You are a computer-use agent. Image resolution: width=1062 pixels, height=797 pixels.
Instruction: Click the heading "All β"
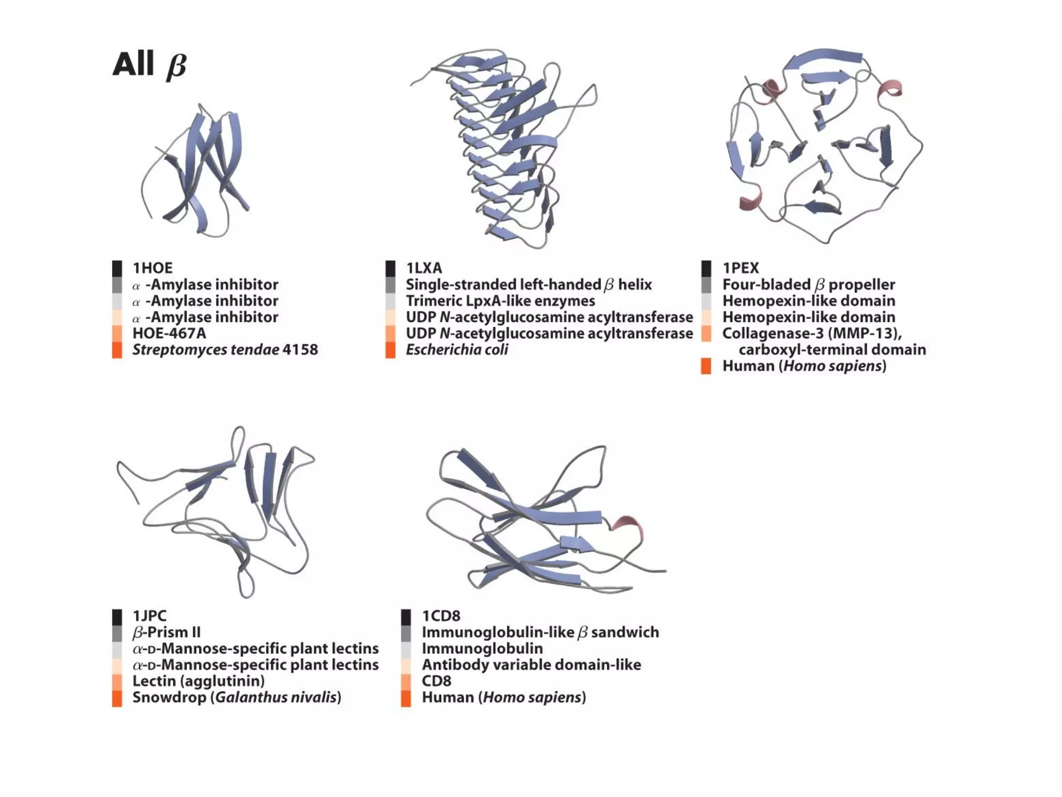click(x=149, y=65)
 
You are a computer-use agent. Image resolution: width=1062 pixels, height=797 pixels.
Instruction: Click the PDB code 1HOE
click(x=152, y=268)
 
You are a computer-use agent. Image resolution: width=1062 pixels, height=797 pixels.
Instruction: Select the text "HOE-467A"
click(x=169, y=333)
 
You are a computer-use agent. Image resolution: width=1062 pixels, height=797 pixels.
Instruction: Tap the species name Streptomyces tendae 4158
click(x=225, y=350)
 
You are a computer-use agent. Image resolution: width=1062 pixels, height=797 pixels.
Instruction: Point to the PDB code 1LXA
click(x=424, y=268)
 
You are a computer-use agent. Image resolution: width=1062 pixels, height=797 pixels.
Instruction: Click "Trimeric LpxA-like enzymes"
click(x=500, y=301)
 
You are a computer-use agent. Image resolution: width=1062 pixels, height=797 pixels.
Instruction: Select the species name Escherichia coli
click(x=456, y=350)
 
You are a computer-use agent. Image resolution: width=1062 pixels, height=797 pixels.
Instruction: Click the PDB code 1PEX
click(x=740, y=268)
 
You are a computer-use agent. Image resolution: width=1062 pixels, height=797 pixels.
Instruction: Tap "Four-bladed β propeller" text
click(x=808, y=284)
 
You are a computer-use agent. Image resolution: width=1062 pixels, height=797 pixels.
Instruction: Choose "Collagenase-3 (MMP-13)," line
click(x=812, y=333)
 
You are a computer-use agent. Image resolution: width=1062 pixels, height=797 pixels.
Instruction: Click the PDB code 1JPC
click(x=149, y=616)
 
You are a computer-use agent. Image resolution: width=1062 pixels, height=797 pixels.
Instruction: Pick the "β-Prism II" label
click(x=166, y=633)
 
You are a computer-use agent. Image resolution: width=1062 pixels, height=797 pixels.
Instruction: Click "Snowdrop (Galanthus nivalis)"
click(x=236, y=697)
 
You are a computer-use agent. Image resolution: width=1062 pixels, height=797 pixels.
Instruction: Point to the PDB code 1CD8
click(x=441, y=616)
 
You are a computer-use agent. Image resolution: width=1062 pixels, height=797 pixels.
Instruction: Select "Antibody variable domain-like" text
click(x=531, y=665)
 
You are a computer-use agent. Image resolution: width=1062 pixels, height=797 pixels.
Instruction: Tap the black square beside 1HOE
click(x=117, y=268)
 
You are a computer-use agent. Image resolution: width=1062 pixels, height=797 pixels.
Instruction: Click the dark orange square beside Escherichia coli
click(x=390, y=350)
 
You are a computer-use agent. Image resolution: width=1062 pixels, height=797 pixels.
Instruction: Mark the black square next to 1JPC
click(x=117, y=616)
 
